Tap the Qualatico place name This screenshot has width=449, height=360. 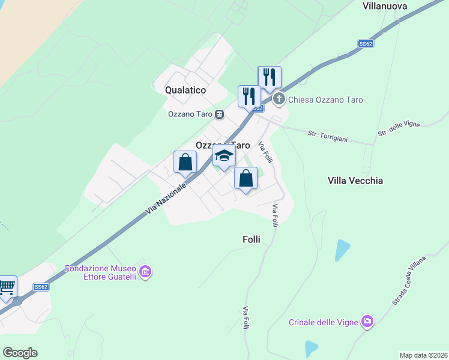point(185,90)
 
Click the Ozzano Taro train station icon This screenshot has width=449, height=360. point(220,114)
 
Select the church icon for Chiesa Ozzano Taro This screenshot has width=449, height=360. point(279,100)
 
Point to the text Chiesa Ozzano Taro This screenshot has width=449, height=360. point(325,100)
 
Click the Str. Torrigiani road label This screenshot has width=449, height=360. point(328,136)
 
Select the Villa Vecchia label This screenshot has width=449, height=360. point(355,181)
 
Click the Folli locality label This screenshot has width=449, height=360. point(252,239)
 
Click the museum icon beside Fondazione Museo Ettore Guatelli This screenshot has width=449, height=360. point(145,272)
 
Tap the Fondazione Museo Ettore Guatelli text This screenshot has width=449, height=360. point(101,272)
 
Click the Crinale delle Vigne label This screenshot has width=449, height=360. point(323,322)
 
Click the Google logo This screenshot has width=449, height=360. point(20,353)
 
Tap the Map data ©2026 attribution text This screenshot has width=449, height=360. point(423,355)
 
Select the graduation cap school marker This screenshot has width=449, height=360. point(224,155)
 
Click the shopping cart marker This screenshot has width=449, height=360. point(6,287)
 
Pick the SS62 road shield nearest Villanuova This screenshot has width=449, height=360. point(366,44)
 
